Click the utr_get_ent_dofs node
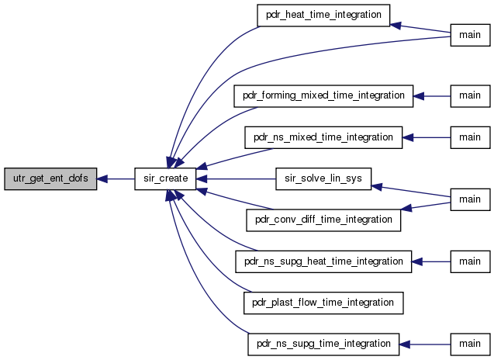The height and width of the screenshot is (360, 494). [50, 178]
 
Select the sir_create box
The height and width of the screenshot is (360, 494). [165, 178]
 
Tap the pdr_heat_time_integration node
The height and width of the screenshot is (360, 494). [323, 16]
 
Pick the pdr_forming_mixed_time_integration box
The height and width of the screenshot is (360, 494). [323, 96]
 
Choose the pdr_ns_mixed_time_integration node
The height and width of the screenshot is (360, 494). [323, 137]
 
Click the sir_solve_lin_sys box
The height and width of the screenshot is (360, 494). [323, 178]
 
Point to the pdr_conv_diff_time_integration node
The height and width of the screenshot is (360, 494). [323, 220]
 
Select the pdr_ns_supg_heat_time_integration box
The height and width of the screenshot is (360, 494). [323, 261]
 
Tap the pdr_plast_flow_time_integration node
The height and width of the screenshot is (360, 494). [323, 303]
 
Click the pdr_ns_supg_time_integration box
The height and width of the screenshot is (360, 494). [323, 344]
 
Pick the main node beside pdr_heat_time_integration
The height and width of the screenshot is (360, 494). [471, 35]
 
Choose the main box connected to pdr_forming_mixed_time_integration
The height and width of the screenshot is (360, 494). [471, 96]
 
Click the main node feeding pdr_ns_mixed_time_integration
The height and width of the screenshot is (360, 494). [471, 137]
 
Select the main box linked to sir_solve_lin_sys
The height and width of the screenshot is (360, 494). [471, 199]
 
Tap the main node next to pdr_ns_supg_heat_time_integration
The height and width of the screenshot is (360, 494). [471, 261]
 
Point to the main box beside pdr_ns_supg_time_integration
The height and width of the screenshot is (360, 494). [471, 344]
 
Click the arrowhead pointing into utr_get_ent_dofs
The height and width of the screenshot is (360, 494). [102, 179]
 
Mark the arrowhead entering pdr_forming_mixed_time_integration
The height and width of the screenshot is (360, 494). [419, 96]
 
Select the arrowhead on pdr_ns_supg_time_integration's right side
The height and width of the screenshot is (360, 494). [405, 344]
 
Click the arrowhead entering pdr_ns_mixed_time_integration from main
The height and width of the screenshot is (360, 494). [408, 137]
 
